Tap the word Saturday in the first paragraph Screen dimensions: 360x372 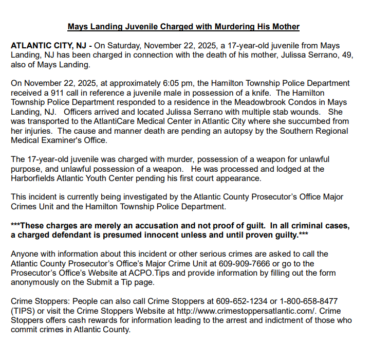[x=130, y=46]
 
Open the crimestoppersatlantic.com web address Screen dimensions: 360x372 [x=242, y=310]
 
